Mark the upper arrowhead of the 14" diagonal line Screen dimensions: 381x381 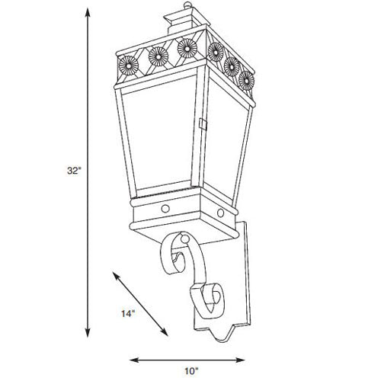click(115, 272)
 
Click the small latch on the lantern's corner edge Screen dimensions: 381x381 click(202, 123)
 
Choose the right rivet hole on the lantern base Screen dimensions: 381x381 click(221, 211)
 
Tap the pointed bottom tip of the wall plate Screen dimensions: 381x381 click(227, 336)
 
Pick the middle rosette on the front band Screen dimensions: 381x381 click(158, 54)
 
